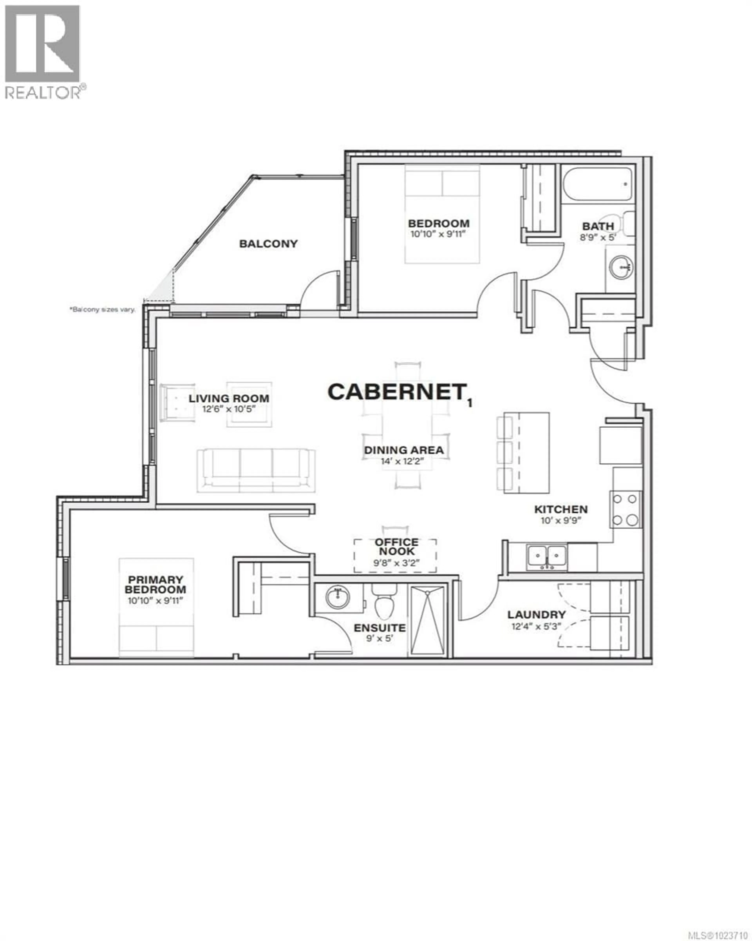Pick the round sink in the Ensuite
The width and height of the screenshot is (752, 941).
[338, 597]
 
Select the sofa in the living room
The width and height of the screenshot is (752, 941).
[256, 470]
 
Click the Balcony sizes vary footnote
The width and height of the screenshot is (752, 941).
[102, 309]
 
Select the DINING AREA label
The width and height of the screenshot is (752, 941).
[404, 450]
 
